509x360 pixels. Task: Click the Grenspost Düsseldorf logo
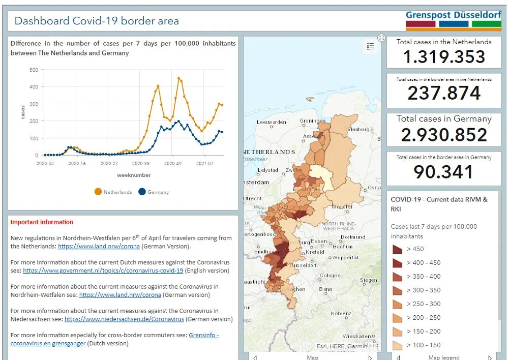point(453,19)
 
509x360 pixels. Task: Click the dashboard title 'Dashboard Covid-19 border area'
point(97,21)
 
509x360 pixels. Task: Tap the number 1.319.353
point(444,57)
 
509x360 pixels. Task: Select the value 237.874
point(444,93)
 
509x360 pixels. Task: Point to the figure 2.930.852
point(444,135)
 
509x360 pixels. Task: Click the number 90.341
point(444,172)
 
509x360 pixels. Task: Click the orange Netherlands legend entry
point(113,192)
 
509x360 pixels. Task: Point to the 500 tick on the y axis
point(34,70)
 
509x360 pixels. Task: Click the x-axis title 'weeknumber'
point(134,175)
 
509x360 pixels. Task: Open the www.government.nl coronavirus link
point(103,271)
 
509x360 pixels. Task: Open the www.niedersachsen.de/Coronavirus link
point(124,319)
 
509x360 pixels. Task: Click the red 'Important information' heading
point(42,222)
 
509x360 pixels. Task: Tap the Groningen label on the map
point(312,122)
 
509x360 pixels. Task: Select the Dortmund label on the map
point(353,237)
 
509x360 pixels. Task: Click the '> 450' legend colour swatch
point(397,249)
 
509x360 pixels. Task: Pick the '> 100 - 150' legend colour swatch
point(397,345)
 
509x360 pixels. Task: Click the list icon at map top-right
point(370,47)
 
